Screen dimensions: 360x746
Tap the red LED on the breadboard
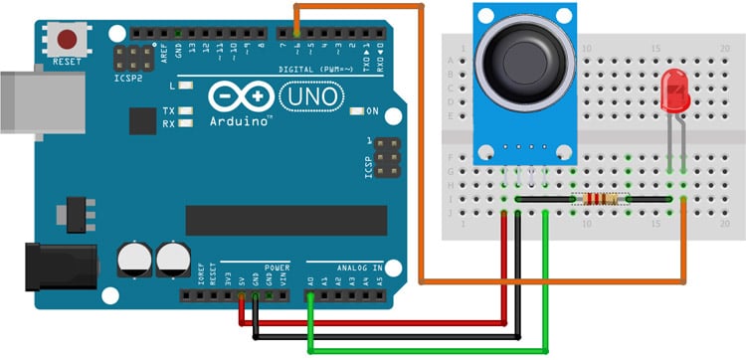674,91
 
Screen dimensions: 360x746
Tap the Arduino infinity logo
241,96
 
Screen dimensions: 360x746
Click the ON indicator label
373,109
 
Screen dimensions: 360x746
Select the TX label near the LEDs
169,110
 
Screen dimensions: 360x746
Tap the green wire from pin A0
428,349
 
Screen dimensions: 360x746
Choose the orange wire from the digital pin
422,149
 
